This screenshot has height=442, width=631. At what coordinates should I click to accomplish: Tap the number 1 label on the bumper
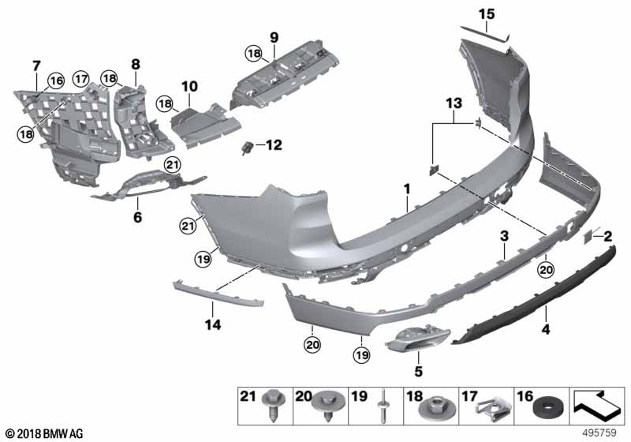pos(407,189)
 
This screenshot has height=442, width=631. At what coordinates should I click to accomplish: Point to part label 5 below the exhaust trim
pos(418,370)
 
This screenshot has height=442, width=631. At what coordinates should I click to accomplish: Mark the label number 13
pos(451,103)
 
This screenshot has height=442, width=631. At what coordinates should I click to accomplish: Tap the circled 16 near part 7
pos(55,80)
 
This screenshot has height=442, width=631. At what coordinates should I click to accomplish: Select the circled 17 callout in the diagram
pos(81,78)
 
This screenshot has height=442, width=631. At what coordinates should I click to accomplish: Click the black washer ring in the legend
pos(547,409)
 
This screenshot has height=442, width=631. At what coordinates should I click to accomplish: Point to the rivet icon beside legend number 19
pos(383,408)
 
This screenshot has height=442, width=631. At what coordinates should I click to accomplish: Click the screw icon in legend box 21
pos(271,409)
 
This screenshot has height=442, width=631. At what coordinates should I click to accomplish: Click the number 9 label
pos(274,37)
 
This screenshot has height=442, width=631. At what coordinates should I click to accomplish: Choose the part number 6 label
pos(137,215)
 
